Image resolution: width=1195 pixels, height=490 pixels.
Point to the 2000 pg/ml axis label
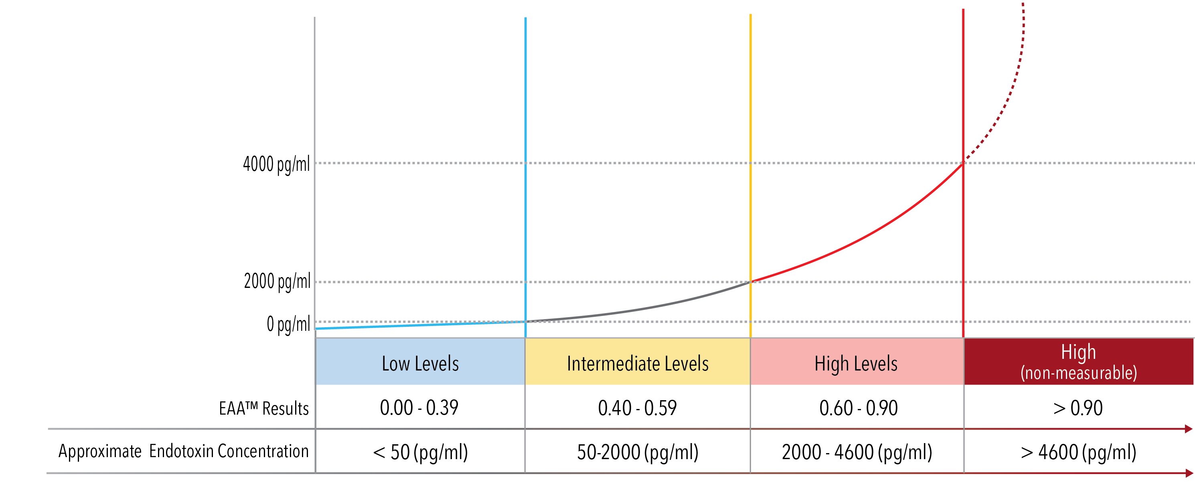point(277,281)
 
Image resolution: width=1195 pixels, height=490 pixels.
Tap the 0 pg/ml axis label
point(288,324)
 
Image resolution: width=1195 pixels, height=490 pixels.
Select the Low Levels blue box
point(420,362)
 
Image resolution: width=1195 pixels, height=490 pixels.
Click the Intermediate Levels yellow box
point(637,362)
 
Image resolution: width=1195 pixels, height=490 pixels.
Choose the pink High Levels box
point(857,362)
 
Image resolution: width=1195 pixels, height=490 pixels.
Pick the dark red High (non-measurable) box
point(1079,362)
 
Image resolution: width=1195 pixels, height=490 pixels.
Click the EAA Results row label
point(263,408)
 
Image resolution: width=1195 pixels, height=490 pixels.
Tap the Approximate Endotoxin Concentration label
point(183,451)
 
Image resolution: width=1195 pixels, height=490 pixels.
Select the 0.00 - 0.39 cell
point(419,408)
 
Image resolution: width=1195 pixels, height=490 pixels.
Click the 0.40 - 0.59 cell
point(637,408)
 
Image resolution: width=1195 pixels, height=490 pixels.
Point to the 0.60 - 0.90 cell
point(858,408)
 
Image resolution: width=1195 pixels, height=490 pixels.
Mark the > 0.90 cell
point(1078,408)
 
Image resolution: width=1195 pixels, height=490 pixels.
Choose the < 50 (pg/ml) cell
point(420,452)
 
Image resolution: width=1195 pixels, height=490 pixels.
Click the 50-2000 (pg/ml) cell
point(637,452)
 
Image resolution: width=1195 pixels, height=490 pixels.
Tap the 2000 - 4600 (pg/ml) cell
point(857,452)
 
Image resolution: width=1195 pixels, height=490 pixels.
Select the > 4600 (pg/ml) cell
point(1079,452)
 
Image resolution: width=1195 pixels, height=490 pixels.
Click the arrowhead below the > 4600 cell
point(1189,473)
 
